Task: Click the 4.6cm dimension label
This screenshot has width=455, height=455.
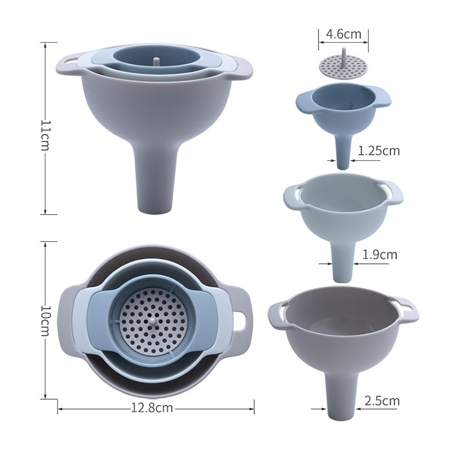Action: [x=344, y=34]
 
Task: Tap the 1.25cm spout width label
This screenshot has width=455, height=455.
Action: [x=379, y=151]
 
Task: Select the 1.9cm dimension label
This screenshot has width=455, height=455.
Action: [x=379, y=254]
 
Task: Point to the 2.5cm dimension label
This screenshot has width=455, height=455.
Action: [x=382, y=401]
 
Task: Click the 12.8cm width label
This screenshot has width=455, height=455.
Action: [x=152, y=408]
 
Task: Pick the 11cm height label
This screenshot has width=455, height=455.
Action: [x=45, y=135]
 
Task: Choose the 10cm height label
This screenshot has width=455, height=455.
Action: [x=45, y=321]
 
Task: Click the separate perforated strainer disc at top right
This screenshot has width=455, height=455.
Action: [x=344, y=64]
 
